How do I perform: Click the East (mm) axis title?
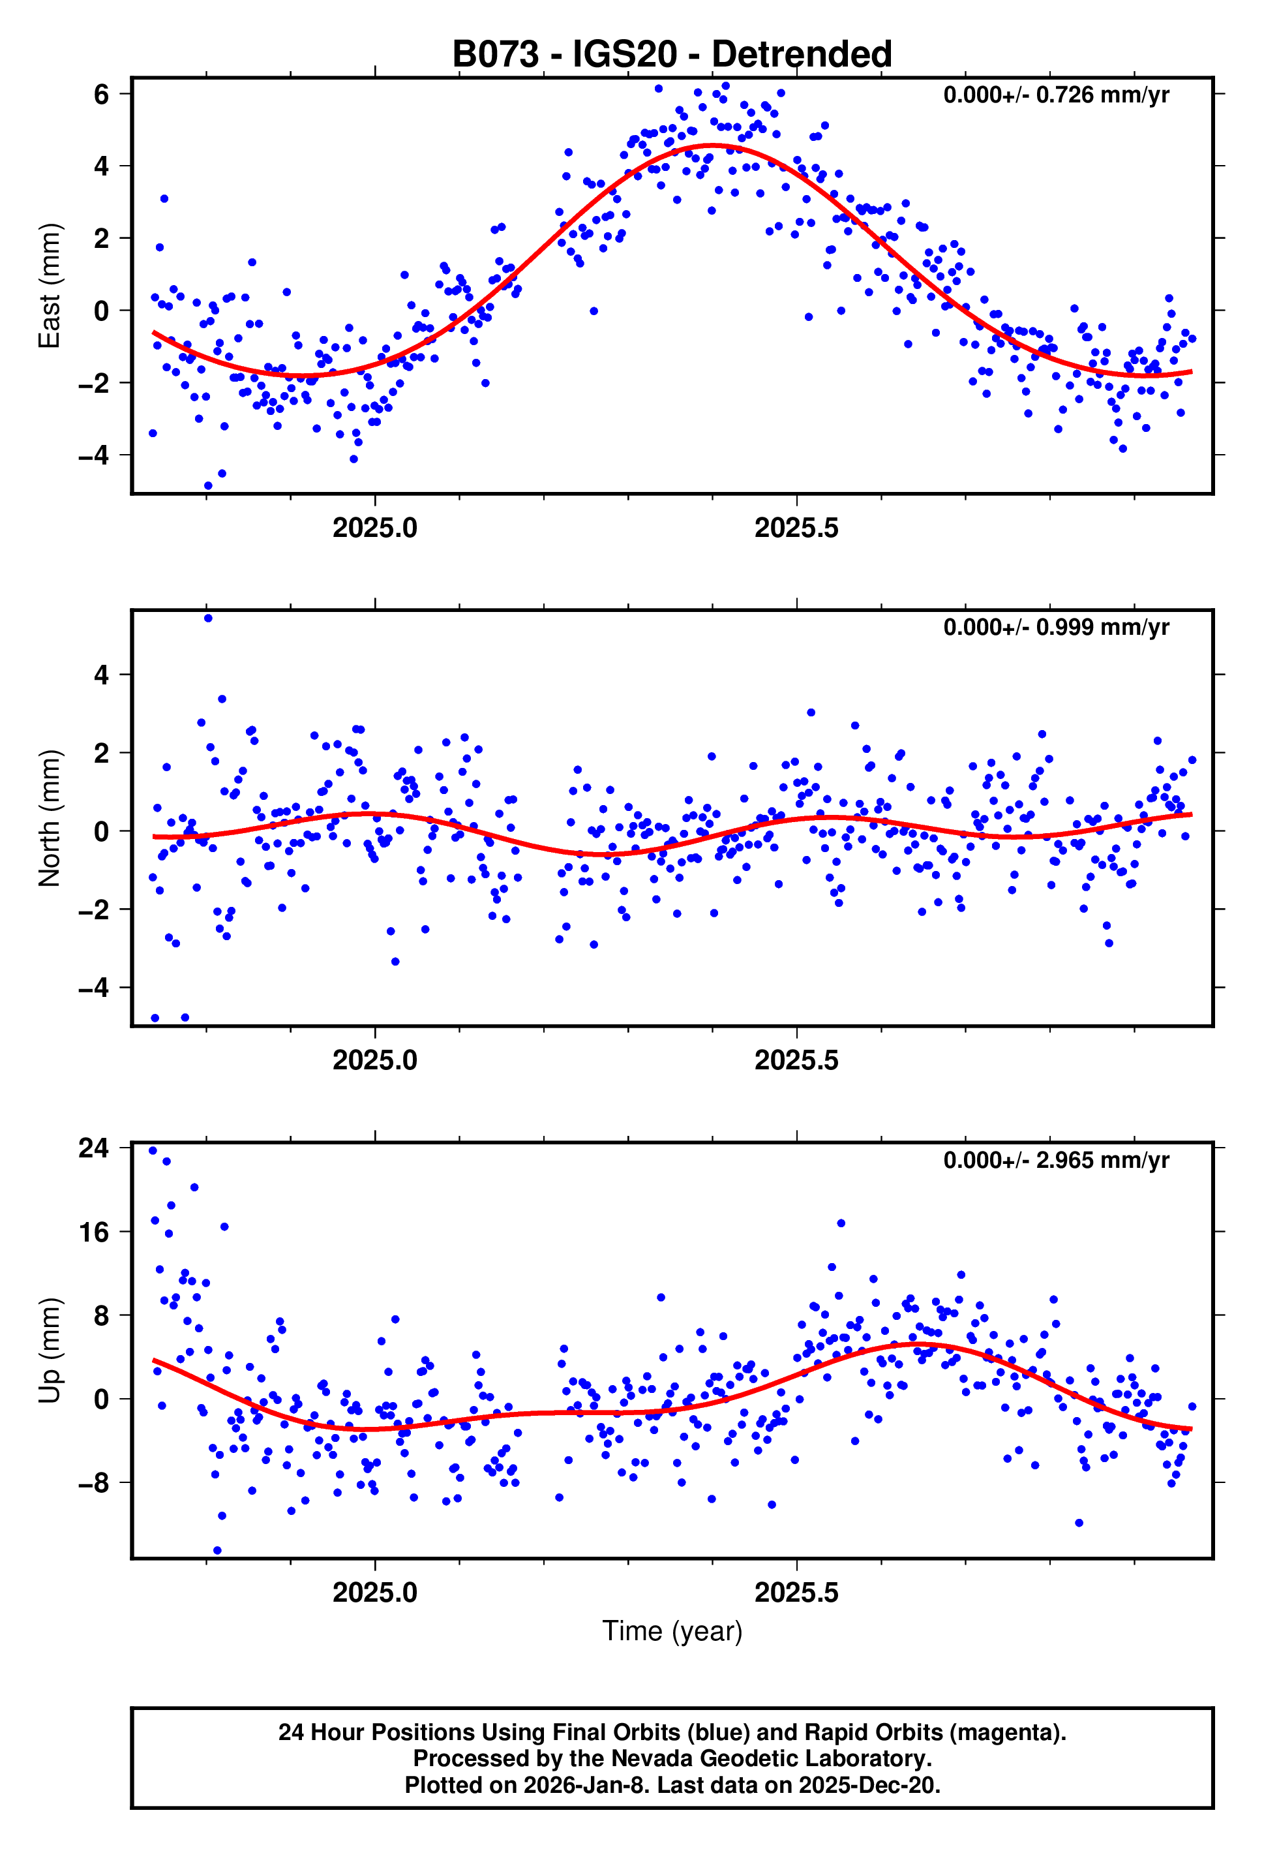tap(50, 286)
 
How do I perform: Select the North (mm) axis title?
tap(50, 818)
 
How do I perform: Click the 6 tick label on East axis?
tap(101, 95)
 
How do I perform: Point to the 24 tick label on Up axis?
tap(94, 1148)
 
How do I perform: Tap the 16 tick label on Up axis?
tap(94, 1232)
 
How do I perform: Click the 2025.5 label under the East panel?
tap(796, 528)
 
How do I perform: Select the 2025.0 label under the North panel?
tap(374, 1061)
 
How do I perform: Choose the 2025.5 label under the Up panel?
tap(796, 1593)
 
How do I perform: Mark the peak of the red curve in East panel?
tap(714, 145)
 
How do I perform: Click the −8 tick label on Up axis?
tap(94, 1483)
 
